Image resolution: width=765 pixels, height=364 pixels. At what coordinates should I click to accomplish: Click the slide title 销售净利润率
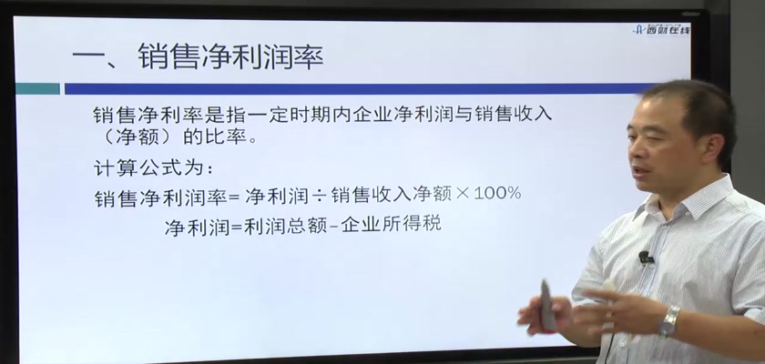tap(230, 57)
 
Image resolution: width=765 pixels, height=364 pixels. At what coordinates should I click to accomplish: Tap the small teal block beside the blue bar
tap(37, 88)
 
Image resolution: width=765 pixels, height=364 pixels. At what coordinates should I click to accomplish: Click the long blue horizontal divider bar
tap(356, 88)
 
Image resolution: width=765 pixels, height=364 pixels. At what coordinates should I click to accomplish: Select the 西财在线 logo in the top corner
tap(661, 30)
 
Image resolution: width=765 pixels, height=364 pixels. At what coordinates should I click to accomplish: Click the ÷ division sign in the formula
tap(319, 196)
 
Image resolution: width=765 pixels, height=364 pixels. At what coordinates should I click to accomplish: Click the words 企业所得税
tap(392, 224)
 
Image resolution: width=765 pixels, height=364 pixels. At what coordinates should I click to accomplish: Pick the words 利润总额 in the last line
tap(285, 226)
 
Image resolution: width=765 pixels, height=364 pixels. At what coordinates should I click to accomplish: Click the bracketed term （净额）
tap(134, 136)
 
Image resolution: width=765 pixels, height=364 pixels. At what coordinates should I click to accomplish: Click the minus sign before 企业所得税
tap(333, 226)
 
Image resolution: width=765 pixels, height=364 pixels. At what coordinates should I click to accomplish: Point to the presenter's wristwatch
tap(668, 321)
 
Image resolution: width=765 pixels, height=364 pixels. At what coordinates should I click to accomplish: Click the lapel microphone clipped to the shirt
tap(645, 257)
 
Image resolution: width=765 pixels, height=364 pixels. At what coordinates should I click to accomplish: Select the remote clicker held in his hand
tap(547, 305)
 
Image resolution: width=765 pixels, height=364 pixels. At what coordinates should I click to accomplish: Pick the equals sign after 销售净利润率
tap(235, 197)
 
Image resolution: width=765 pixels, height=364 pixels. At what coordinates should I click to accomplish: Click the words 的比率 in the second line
tap(214, 136)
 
